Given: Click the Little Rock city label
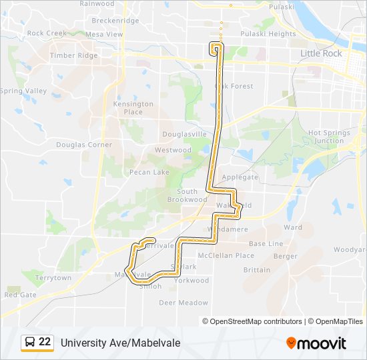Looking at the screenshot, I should pyautogui.click(x=321, y=53).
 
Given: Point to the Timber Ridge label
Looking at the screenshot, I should pyautogui.click(x=73, y=56).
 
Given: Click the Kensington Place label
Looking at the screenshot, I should pyautogui.click(x=133, y=108).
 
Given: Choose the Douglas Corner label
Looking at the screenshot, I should pyautogui.click(x=84, y=145).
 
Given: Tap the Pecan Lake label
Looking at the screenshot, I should pyautogui.click(x=150, y=172).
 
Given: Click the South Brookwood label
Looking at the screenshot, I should pyautogui.click(x=188, y=195).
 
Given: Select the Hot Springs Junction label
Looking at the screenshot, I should pyautogui.click(x=330, y=137).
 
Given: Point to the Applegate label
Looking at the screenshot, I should pyautogui.click(x=240, y=177).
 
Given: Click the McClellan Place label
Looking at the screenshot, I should pyautogui.click(x=226, y=255).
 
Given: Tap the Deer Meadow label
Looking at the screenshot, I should pyautogui.click(x=183, y=302).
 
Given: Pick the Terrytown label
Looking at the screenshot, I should pyautogui.click(x=53, y=278).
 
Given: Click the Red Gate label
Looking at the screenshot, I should pyautogui.click(x=20, y=295).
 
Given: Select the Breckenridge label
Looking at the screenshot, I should pyautogui.click(x=115, y=21).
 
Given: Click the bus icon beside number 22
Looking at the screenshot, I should pyautogui.click(x=30, y=343).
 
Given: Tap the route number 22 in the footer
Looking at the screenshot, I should pyautogui.click(x=45, y=342).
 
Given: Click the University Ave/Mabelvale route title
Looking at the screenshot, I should pyautogui.click(x=120, y=343).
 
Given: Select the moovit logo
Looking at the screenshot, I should pyautogui.click(x=316, y=343).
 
